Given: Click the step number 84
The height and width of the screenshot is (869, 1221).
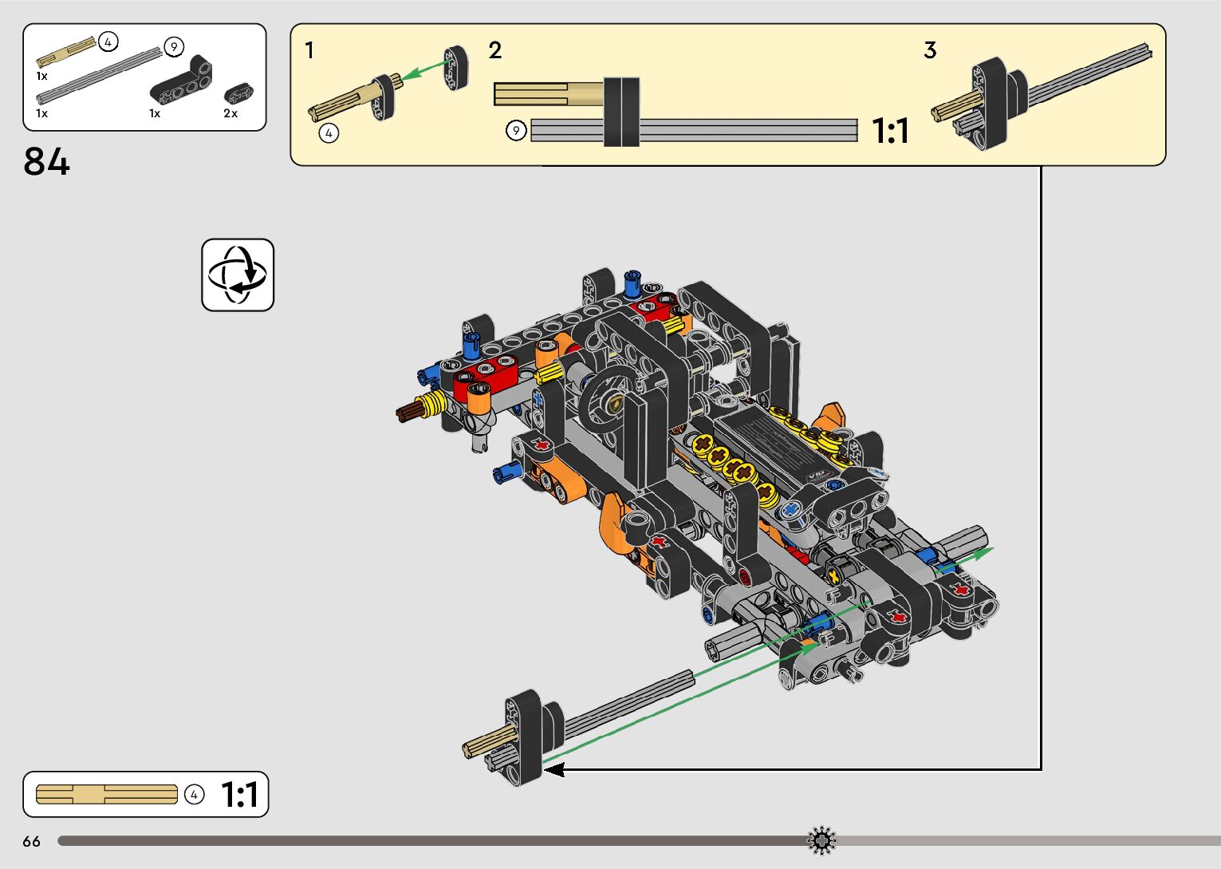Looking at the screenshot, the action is coord(46,161).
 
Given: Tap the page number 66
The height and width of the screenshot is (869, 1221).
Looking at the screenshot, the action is coord(32,842).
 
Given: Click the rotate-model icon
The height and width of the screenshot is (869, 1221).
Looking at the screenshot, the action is coord(238,275).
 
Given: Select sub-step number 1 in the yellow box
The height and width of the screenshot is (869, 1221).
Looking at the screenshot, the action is coord(309,50).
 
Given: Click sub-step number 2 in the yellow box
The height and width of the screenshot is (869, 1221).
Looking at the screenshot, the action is coord(495,50).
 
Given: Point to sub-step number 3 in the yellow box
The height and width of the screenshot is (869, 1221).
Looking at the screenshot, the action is coord(930,50).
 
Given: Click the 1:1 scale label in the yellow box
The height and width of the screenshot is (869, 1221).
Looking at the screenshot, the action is coord(891,131).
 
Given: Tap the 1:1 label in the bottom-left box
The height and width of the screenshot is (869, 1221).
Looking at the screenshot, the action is coord(240,795).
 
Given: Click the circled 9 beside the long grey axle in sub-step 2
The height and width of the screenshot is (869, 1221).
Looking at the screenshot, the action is coord(516,131).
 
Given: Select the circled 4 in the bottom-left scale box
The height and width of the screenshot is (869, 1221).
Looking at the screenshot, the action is coord(194,795).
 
